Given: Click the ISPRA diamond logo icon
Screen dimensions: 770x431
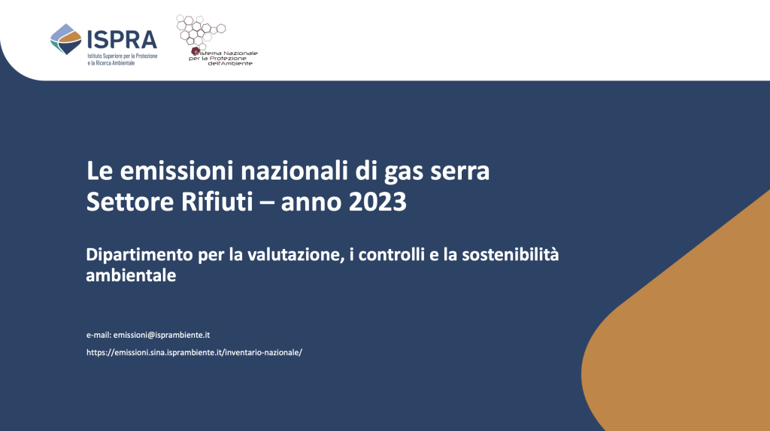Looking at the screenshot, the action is (x=66, y=39).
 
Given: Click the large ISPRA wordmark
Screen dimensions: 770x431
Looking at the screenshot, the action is (x=122, y=40).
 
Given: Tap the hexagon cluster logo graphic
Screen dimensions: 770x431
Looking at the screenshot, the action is (x=200, y=32).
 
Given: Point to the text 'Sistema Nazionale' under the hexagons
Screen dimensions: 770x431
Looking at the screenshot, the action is (x=224, y=53).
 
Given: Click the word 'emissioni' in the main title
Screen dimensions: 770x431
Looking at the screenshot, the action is (x=177, y=171).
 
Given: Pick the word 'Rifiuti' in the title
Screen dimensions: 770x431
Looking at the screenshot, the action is (x=217, y=201).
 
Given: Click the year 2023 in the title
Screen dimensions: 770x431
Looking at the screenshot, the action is (x=377, y=202).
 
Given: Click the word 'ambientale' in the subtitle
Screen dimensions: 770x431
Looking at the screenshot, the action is (x=131, y=275).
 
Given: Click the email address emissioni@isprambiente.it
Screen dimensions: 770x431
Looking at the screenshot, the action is (x=162, y=335).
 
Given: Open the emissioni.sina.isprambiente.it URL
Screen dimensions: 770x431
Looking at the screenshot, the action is (x=195, y=352).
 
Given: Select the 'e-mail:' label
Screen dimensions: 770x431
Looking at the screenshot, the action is (x=99, y=335).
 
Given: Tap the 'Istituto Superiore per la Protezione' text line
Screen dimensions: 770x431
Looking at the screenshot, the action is (x=123, y=56).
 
